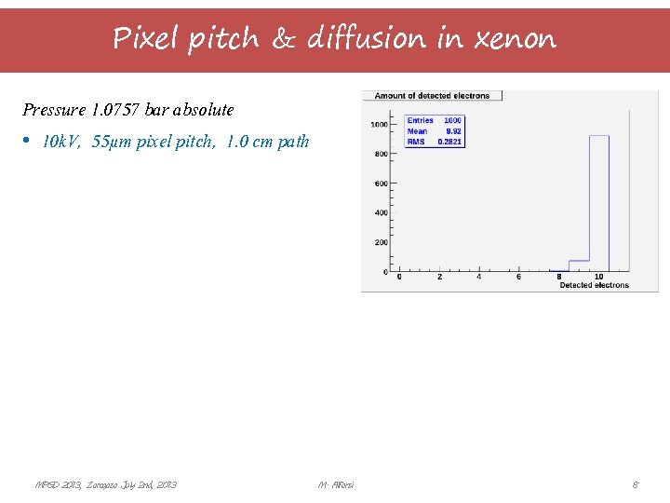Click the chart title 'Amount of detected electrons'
click(433, 96)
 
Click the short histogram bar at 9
click(579, 265)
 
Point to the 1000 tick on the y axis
click(379, 125)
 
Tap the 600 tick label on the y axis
click(381, 184)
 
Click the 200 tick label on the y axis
click(381, 242)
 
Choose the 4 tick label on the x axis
click(479, 277)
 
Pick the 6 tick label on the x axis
click(519, 277)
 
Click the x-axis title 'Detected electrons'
click(594, 285)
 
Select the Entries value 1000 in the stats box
click(452, 121)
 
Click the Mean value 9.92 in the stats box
click(454, 131)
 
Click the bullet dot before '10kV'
click(28, 141)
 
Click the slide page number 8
click(635, 484)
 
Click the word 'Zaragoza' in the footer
click(104, 484)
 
